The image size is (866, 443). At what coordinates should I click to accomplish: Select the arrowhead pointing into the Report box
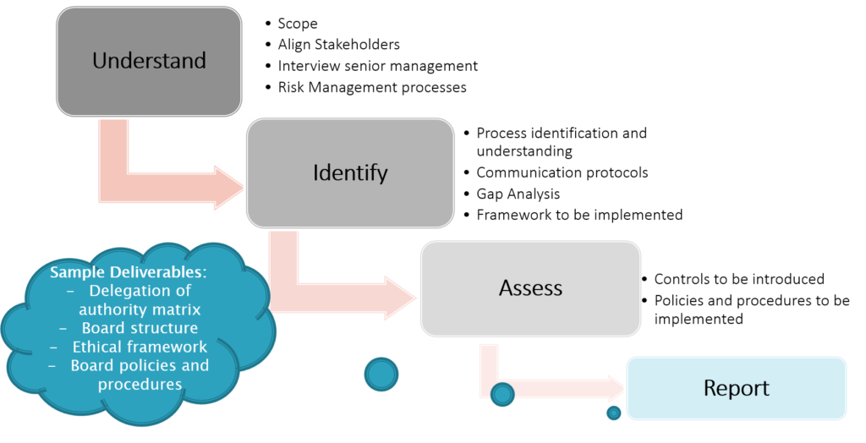611,389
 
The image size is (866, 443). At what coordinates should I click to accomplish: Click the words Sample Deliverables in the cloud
129,273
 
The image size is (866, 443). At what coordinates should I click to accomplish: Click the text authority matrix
140,309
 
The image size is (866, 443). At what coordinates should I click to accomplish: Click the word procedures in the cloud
140,384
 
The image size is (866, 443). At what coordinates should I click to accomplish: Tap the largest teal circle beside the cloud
381,374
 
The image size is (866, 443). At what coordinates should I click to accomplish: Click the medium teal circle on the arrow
502,394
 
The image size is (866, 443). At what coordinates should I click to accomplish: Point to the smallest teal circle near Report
614,413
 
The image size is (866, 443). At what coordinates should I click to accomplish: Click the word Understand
149,61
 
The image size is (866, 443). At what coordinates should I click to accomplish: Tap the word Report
736,388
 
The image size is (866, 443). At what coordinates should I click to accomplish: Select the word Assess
530,288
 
